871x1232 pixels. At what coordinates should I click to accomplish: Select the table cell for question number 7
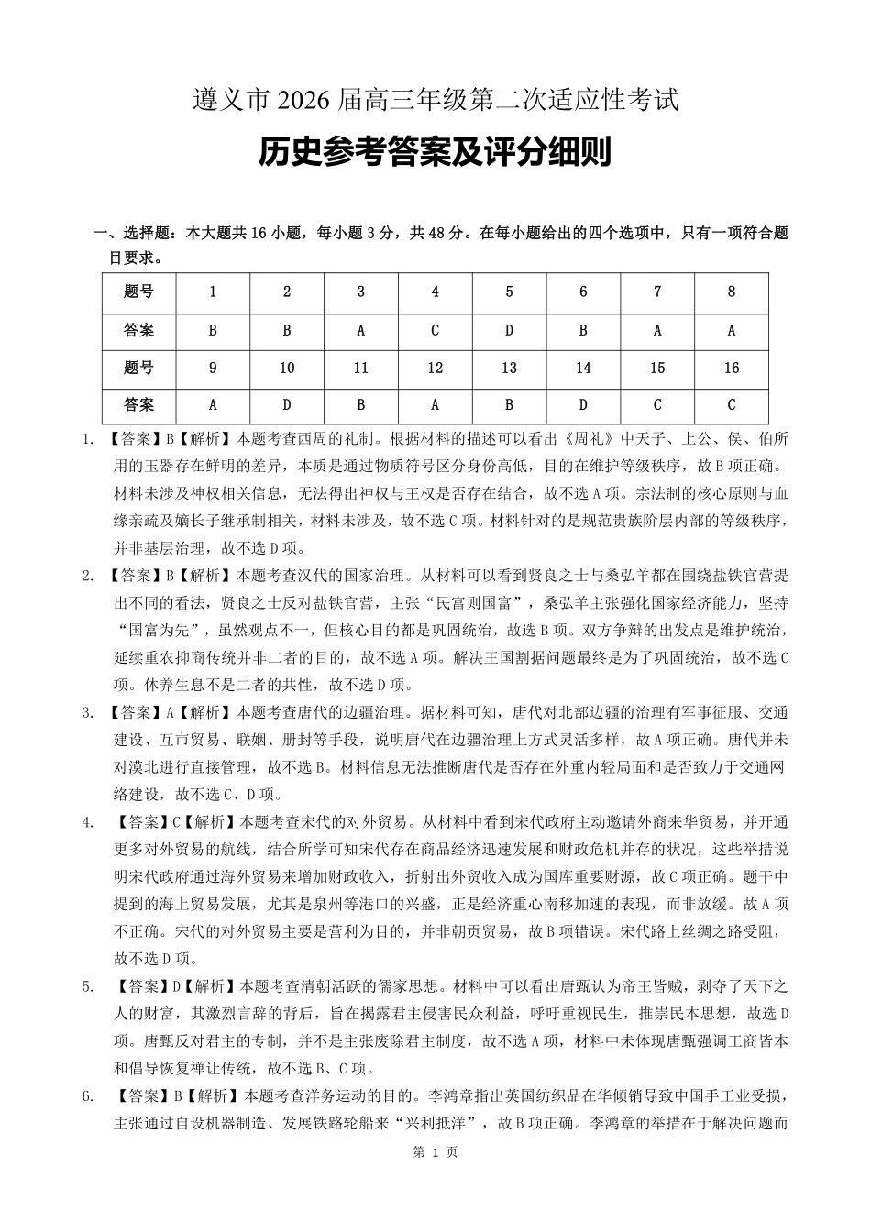click(657, 291)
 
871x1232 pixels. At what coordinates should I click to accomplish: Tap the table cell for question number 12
click(435, 368)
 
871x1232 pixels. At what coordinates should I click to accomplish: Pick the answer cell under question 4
click(435, 330)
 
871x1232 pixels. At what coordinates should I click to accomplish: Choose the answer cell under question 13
click(509, 405)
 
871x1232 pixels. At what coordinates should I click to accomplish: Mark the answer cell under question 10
click(287, 405)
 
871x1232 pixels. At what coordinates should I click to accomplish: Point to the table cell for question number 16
click(731, 368)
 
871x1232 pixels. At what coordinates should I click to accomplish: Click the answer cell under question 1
click(213, 330)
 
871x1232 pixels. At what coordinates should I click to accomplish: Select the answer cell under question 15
click(657, 405)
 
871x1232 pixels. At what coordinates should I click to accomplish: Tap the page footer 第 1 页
click(435, 1152)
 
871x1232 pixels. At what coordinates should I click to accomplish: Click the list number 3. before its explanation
click(89, 712)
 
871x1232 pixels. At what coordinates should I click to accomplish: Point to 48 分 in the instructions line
click(430, 234)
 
